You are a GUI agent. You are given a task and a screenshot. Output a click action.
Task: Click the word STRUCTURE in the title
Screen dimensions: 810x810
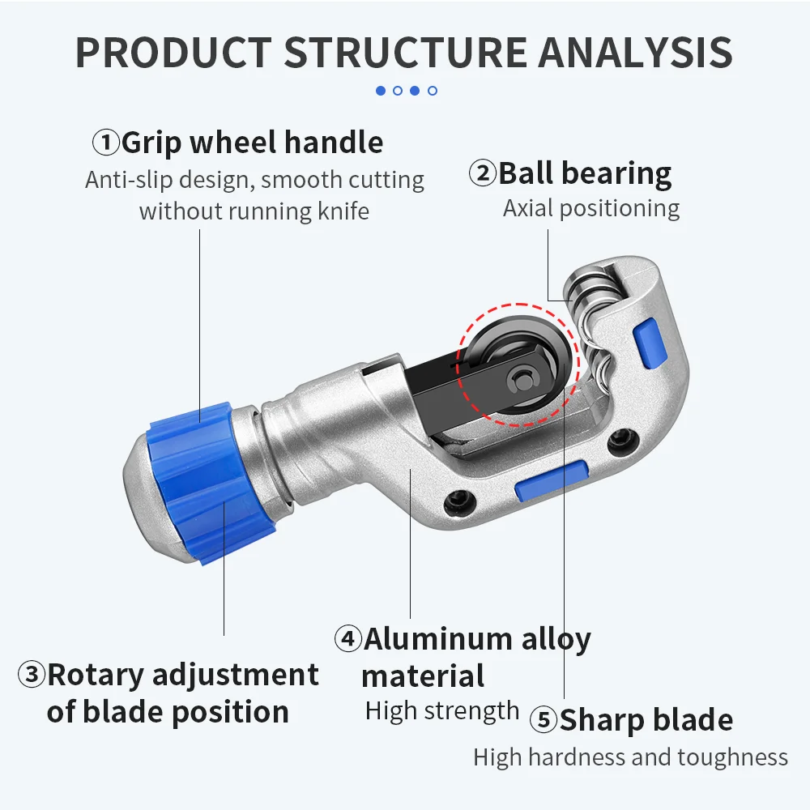pos(406,52)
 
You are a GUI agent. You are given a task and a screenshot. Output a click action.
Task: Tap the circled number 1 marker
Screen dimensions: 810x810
pos(106,142)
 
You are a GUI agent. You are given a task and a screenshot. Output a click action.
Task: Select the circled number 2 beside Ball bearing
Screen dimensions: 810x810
pos(483,173)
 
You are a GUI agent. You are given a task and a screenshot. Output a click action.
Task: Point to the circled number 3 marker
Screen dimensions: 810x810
pos(32,674)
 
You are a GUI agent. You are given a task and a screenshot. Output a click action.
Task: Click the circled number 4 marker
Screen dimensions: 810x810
pos(348,638)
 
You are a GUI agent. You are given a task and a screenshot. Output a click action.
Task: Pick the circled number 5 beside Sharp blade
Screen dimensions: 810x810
pos(544,719)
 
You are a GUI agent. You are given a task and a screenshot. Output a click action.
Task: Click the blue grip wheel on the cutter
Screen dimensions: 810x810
pos(209,483)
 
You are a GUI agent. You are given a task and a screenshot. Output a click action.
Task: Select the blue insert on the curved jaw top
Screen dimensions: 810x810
pos(649,343)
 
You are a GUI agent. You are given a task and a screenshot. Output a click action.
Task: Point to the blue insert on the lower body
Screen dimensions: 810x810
pos(552,480)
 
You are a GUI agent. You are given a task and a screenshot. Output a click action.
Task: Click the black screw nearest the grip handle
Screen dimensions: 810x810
pos(459,500)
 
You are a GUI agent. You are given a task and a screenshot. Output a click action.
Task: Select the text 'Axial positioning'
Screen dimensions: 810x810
pos(591,209)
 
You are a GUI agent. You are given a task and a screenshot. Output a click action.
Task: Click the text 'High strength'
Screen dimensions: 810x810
pos(442,711)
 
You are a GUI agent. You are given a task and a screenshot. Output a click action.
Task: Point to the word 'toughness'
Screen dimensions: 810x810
pos(733,758)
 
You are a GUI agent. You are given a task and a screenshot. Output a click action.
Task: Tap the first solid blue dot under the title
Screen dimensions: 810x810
pos(381,91)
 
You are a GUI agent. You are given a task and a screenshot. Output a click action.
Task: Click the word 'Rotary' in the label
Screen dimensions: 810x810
pos(96,676)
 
